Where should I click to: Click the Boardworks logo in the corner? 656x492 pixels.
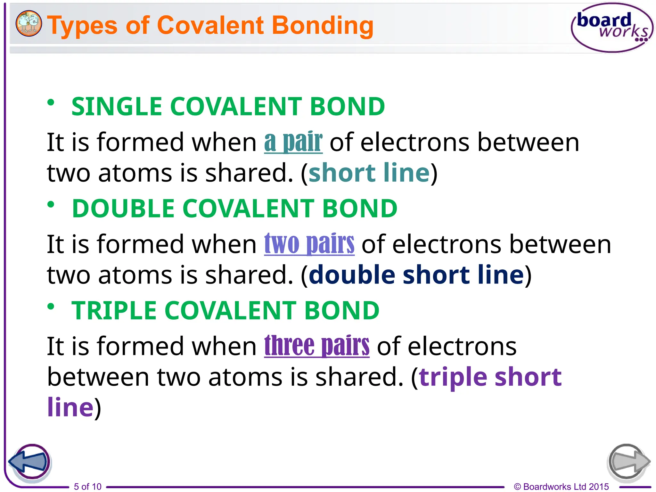click(612, 28)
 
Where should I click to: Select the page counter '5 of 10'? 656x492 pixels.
click(87, 487)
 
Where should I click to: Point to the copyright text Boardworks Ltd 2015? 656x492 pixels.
click(561, 487)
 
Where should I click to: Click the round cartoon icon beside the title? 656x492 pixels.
click(29, 23)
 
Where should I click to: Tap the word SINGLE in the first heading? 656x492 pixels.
click(117, 106)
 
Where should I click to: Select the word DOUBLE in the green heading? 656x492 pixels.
click(123, 208)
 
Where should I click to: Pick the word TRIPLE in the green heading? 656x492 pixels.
click(114, 310)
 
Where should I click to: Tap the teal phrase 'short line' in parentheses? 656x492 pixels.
click(369, 173)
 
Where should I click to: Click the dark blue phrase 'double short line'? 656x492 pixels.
click(416, 275)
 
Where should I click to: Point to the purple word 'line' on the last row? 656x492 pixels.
click(70, 407)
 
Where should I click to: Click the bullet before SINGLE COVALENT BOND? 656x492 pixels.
click(51, 102)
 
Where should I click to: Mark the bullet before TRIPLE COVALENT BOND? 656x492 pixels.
click(51, 307)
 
